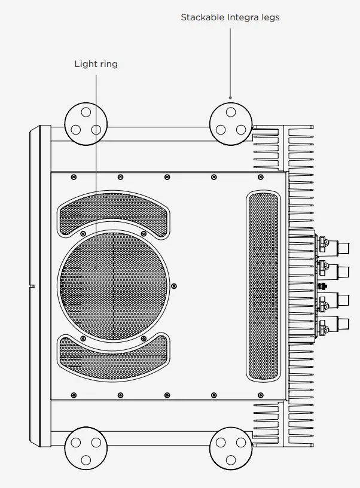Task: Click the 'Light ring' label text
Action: [96, 64]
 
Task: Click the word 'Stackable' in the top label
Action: [202, 17]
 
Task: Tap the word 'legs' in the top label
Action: [269, 17]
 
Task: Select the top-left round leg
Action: [86, 123]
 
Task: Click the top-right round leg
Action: [230, 123]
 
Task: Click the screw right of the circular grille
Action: [175, 285]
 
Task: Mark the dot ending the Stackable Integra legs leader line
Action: [230, 97]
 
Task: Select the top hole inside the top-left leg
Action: [86, 112]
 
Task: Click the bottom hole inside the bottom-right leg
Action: [230, 459]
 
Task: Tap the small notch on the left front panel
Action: [32, 286]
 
